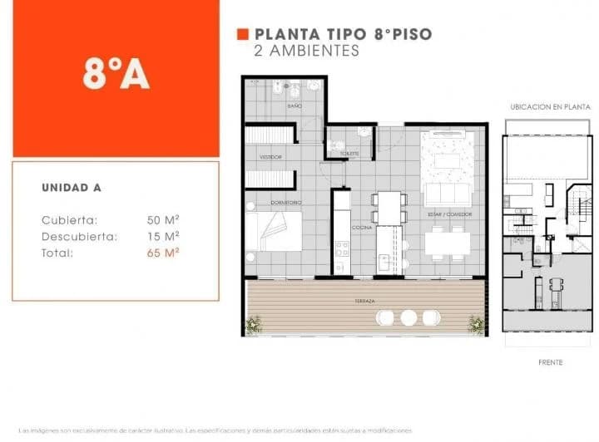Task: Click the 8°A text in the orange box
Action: click(x=116, y=75)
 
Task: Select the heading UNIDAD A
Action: click(x=72, y=188)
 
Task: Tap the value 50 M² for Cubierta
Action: click(x=164, y=220)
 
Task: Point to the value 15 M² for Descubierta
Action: click(x=164, y=237)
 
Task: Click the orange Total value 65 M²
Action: click(x=164, y=253)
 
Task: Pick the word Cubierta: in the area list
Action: click(x=70, y=220)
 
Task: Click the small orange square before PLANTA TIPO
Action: click(x=242, y=34)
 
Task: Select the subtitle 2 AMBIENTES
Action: click(x=306, y=51)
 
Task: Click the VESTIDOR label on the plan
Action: click(x=270, y=156)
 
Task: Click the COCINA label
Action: click(x=361, y=227)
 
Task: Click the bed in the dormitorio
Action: click(x=275, y=230)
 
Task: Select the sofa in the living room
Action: click(x=448, y=194)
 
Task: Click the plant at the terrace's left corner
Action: click(x=253, y=325)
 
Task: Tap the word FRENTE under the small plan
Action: click(x=550, y=362)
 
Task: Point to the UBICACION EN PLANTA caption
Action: click(x=550, y=107)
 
